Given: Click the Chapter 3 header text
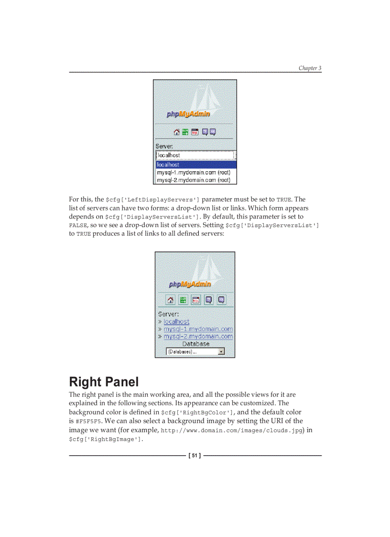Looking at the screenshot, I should pyautogui.click(x=310, y=68).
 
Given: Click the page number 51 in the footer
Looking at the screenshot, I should pyautogui.click(x=195, y=456).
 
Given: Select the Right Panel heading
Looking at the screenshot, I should pyautogui.click(x=104, y=382).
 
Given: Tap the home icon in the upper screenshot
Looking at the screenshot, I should pyautogui.click(x=176, y=132).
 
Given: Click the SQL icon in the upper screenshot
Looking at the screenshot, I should pyautogui.click(x=195, y=132).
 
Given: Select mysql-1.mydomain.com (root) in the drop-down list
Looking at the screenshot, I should pyautogui.click(x=194, y=172).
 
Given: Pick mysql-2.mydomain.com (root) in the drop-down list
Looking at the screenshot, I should pyautogui.click(x=194, y=180).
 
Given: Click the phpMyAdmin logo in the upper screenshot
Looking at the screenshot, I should pyautogui.click(x=188, y=114).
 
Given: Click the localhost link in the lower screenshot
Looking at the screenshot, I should pyautogui.click(x=176, y=322).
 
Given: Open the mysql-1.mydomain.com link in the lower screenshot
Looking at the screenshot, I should pyautogui.click(x=198, y=329).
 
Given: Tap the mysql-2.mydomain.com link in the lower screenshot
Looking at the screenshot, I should pyautogui.click(x=198, y=337).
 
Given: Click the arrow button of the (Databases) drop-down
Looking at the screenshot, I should pyautogui.click(x=221, y=351).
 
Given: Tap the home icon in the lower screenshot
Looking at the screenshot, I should pyautogui.click(x=171, y=300).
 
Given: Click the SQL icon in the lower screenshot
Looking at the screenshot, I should pyautogui.click(x=195, y=300).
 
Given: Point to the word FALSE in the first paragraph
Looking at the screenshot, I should pyautogui.click(x=78, y=226).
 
